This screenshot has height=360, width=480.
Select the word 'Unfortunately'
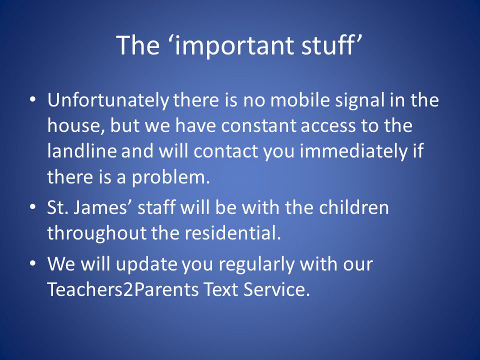(108, 100)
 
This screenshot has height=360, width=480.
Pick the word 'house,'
(76, 126)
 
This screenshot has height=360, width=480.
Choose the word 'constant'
(258, 126)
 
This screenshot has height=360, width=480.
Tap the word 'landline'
(82, 151)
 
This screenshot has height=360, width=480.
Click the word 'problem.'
(171, 178)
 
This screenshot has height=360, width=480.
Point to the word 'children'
(354, 207)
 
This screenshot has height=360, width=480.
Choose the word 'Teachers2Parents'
(123, 289)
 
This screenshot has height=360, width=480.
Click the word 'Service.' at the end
(276, 289)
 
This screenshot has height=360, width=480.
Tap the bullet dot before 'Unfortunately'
(33, 100)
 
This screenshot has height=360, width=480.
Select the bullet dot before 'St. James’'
(33, 207)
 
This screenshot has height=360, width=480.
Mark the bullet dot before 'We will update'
(33, 263)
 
